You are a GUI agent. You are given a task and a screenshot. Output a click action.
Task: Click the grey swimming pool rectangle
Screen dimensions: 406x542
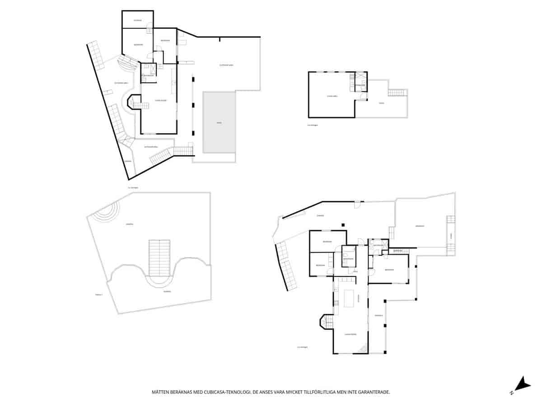pos(219,122)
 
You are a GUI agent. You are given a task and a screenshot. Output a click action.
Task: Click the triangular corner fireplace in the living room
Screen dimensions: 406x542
pos(363,348)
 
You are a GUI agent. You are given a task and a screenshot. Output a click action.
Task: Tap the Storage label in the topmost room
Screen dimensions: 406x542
pos(138,20)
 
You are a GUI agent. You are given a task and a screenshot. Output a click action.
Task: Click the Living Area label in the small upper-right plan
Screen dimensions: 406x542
pos(332,96)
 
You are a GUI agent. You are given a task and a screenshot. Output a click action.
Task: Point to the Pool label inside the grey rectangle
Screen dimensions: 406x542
pos(219,123)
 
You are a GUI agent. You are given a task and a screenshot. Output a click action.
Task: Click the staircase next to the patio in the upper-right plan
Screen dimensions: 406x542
pos(398,92)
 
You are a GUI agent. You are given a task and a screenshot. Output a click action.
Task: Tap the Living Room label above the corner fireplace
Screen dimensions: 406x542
pos(350,334)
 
